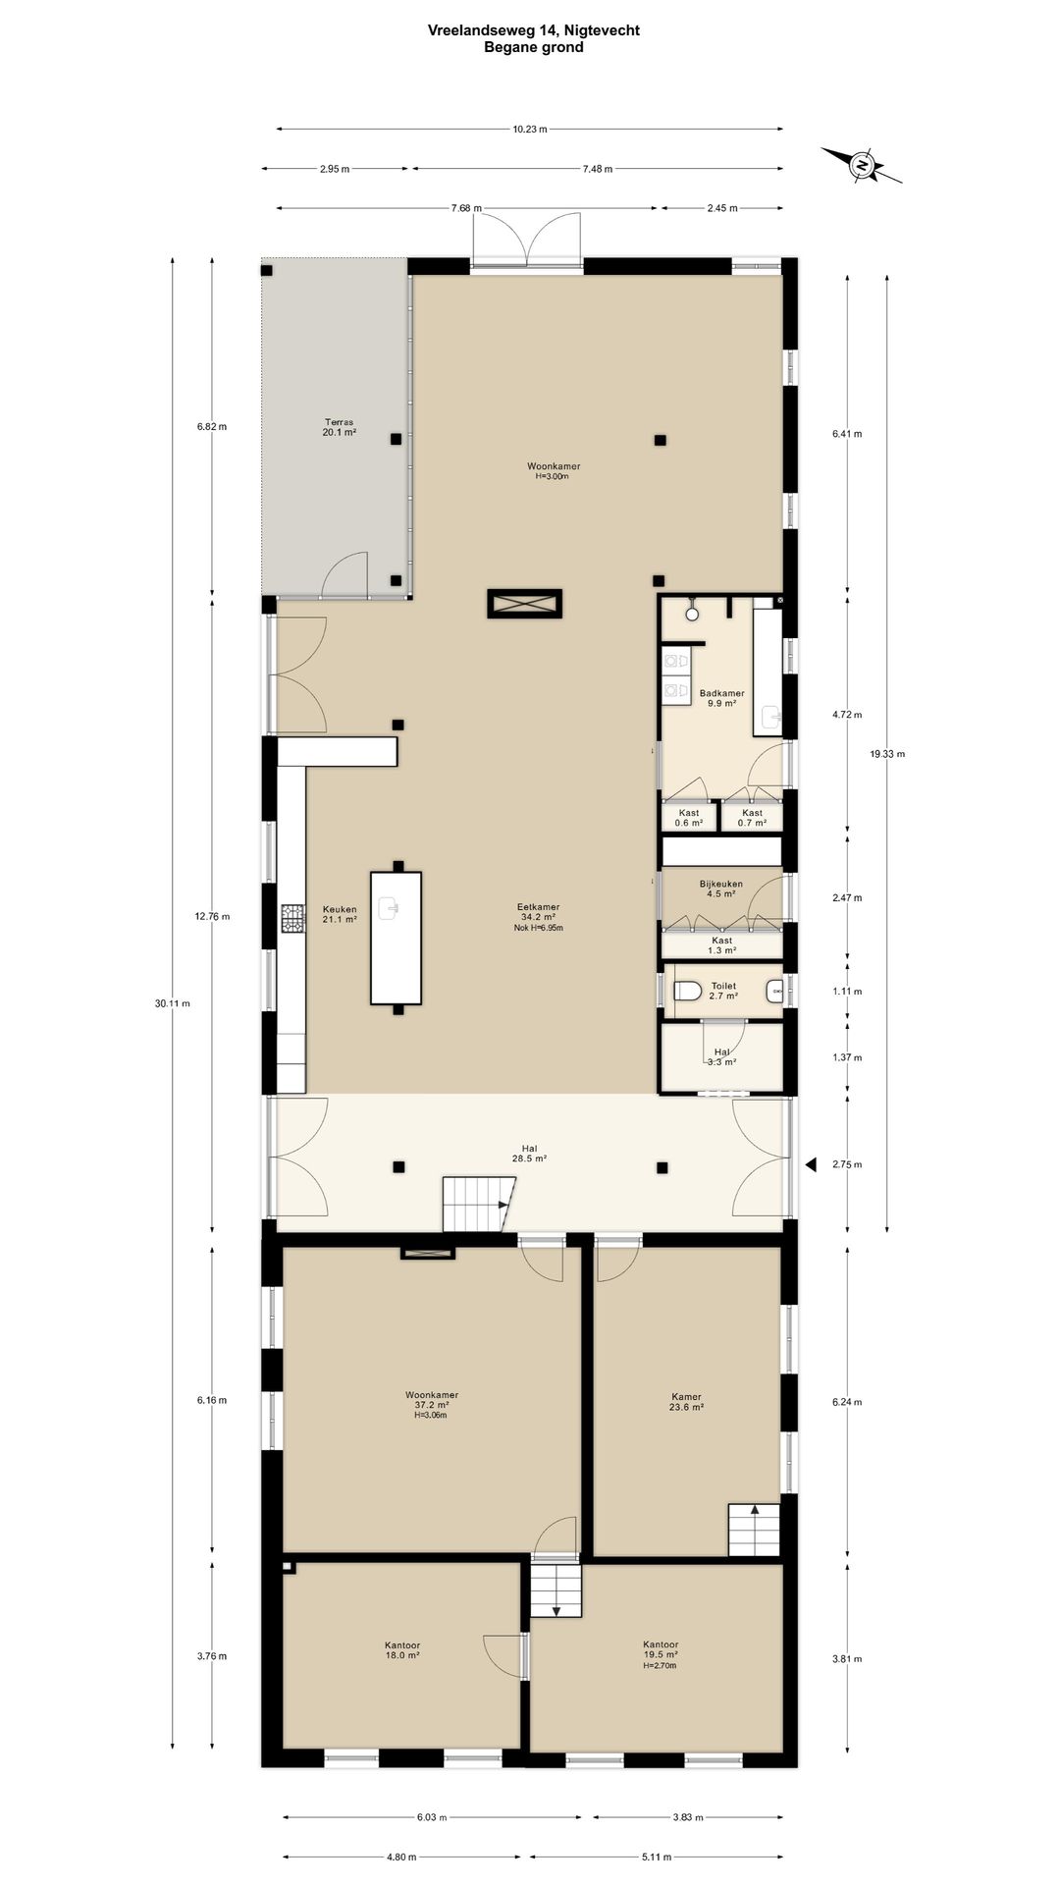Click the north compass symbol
click(862, 165)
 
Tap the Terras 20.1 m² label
click(340, 427)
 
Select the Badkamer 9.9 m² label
click(721, 698)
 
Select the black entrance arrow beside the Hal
click(812, 1164)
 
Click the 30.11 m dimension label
click(173, 1002)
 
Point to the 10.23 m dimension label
click(530, 129)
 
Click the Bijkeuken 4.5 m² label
click(721, 889)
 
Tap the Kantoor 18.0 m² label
click(402, 1649)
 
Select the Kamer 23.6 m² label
click(687, 1402)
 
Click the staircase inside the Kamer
click(754, 1530)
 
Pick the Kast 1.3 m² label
click(722, 945)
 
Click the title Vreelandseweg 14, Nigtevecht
click(534, 30)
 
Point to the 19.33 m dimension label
click(887, 754)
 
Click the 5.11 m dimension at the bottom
click(656, 1857)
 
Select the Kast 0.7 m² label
click(752, 818)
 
